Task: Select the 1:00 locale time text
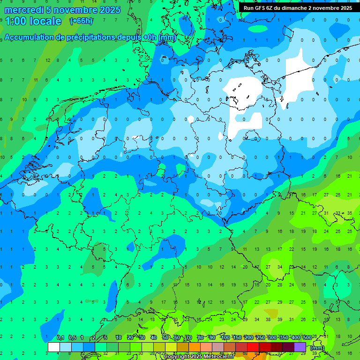pos(33,21)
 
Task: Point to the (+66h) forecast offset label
pos(81,21)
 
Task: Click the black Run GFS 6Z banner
pos(298,8)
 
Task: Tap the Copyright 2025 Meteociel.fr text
pos(199,357)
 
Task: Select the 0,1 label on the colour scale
pos(60,338)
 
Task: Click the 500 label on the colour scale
pos(307,338)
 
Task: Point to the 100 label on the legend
pos(225,338)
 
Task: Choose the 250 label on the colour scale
pos(260,338)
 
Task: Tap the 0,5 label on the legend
pos(72,338)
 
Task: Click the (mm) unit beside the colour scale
pos(317,348)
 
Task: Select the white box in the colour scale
pos(54,347)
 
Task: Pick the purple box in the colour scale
pos(300,347)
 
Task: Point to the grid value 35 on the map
pos(349,213)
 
